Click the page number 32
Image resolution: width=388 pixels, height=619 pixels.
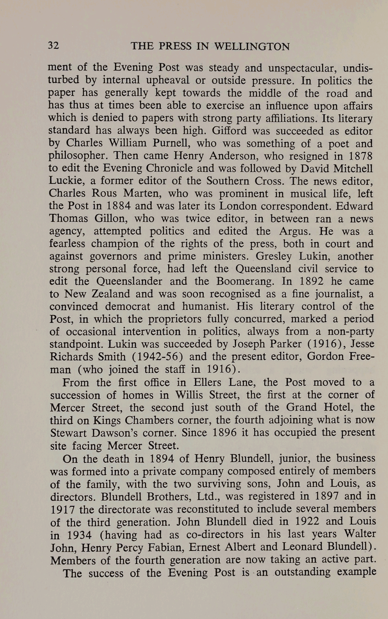pos(54,46)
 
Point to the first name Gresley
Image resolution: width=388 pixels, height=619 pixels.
pos(275,256)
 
